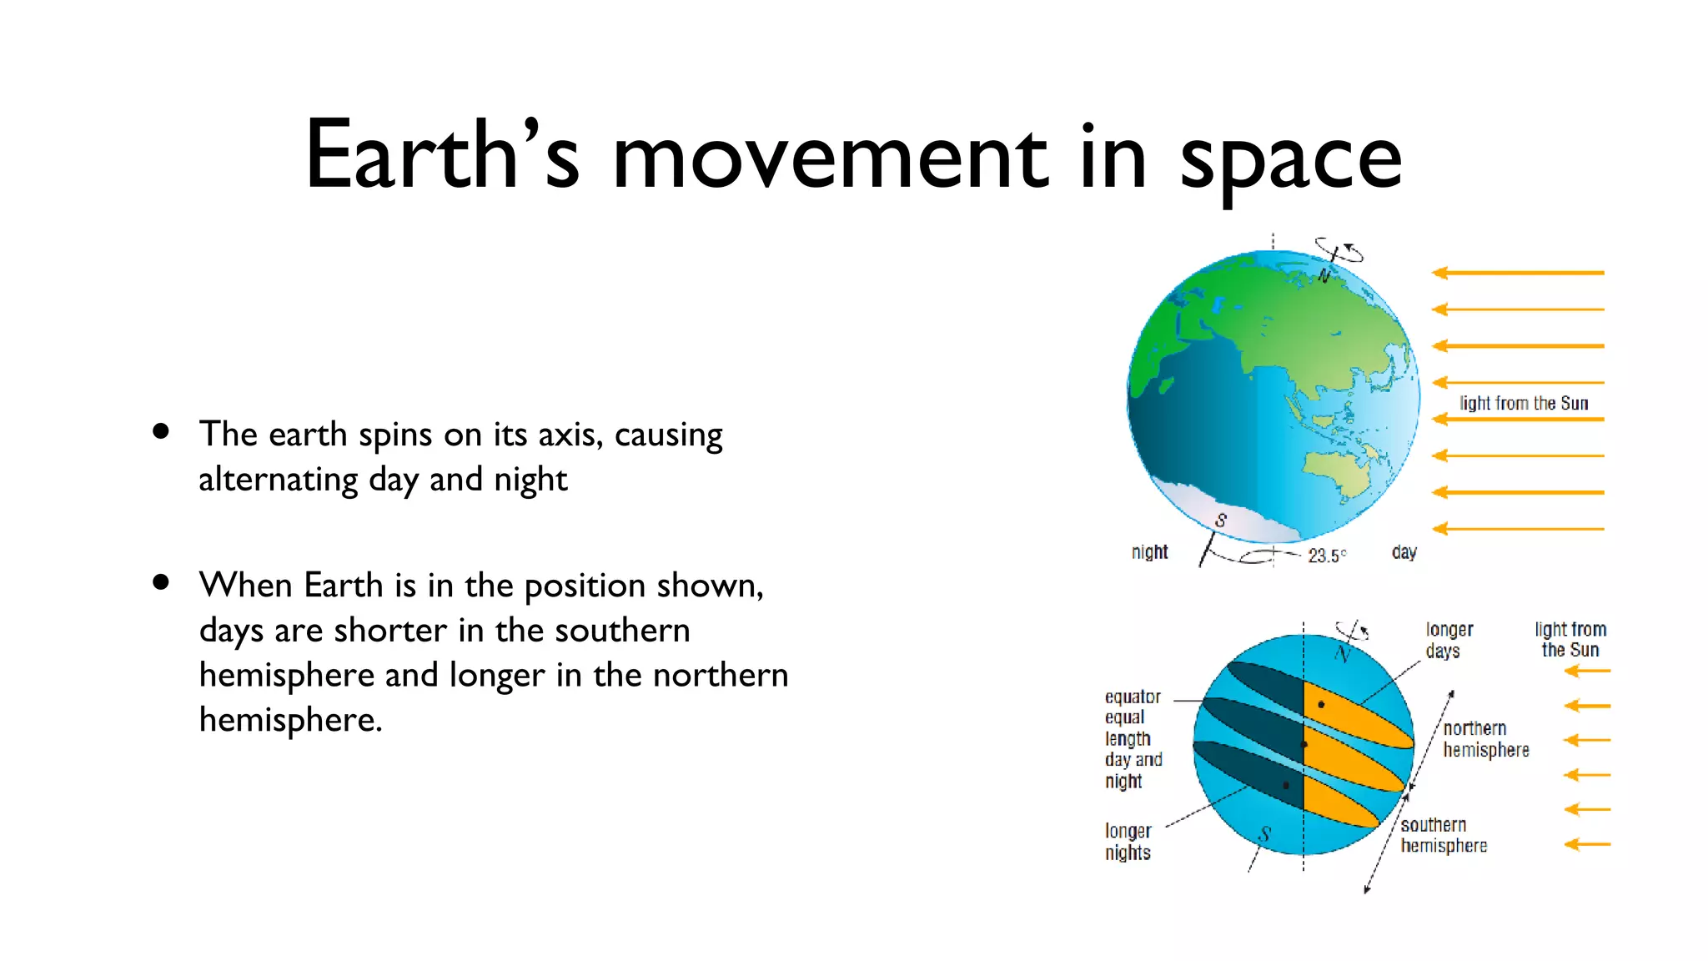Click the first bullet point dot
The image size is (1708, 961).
[x=161, y=431]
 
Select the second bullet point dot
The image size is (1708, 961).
[x=161, y=582]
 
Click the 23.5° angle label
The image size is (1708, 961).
[x=1326, y=556]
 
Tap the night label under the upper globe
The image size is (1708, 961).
[x=1149, y=552]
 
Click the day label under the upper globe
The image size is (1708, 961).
[x=1404, y=552]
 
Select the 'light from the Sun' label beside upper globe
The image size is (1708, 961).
[x=1523, y=403]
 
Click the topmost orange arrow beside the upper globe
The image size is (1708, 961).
[x=1518, y=273]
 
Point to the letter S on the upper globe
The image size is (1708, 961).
[x=1221, y=521]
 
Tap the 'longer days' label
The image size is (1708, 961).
[x=1449, y=640]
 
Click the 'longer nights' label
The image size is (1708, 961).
[x=1128, y=842]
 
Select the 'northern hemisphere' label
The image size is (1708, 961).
[x=1485, y=739]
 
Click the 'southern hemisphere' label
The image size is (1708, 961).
[x=1443, y=835]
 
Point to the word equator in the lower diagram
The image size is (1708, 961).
[x=1132, y=697]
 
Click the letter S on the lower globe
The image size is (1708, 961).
[x=1264, y=833]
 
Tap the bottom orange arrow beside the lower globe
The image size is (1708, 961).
[x=1587, y=844]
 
